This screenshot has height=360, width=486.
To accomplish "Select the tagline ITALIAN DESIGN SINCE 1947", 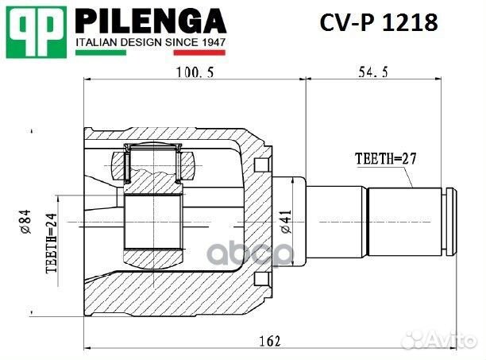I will coord(150,41).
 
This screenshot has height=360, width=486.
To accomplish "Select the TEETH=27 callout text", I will coord(385,158).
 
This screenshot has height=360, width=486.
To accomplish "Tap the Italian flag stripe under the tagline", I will coord(150,53).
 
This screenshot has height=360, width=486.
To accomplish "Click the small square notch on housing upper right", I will coord(260,165).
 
